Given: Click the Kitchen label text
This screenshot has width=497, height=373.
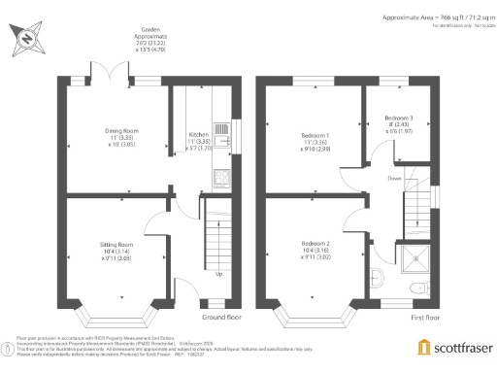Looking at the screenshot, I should coord(198,133).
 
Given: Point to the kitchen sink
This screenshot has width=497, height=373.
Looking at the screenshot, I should coord(224,138).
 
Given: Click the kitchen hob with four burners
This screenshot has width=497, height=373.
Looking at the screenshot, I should coord(220,177).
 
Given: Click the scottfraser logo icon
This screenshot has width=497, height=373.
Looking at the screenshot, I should coord(423,347).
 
